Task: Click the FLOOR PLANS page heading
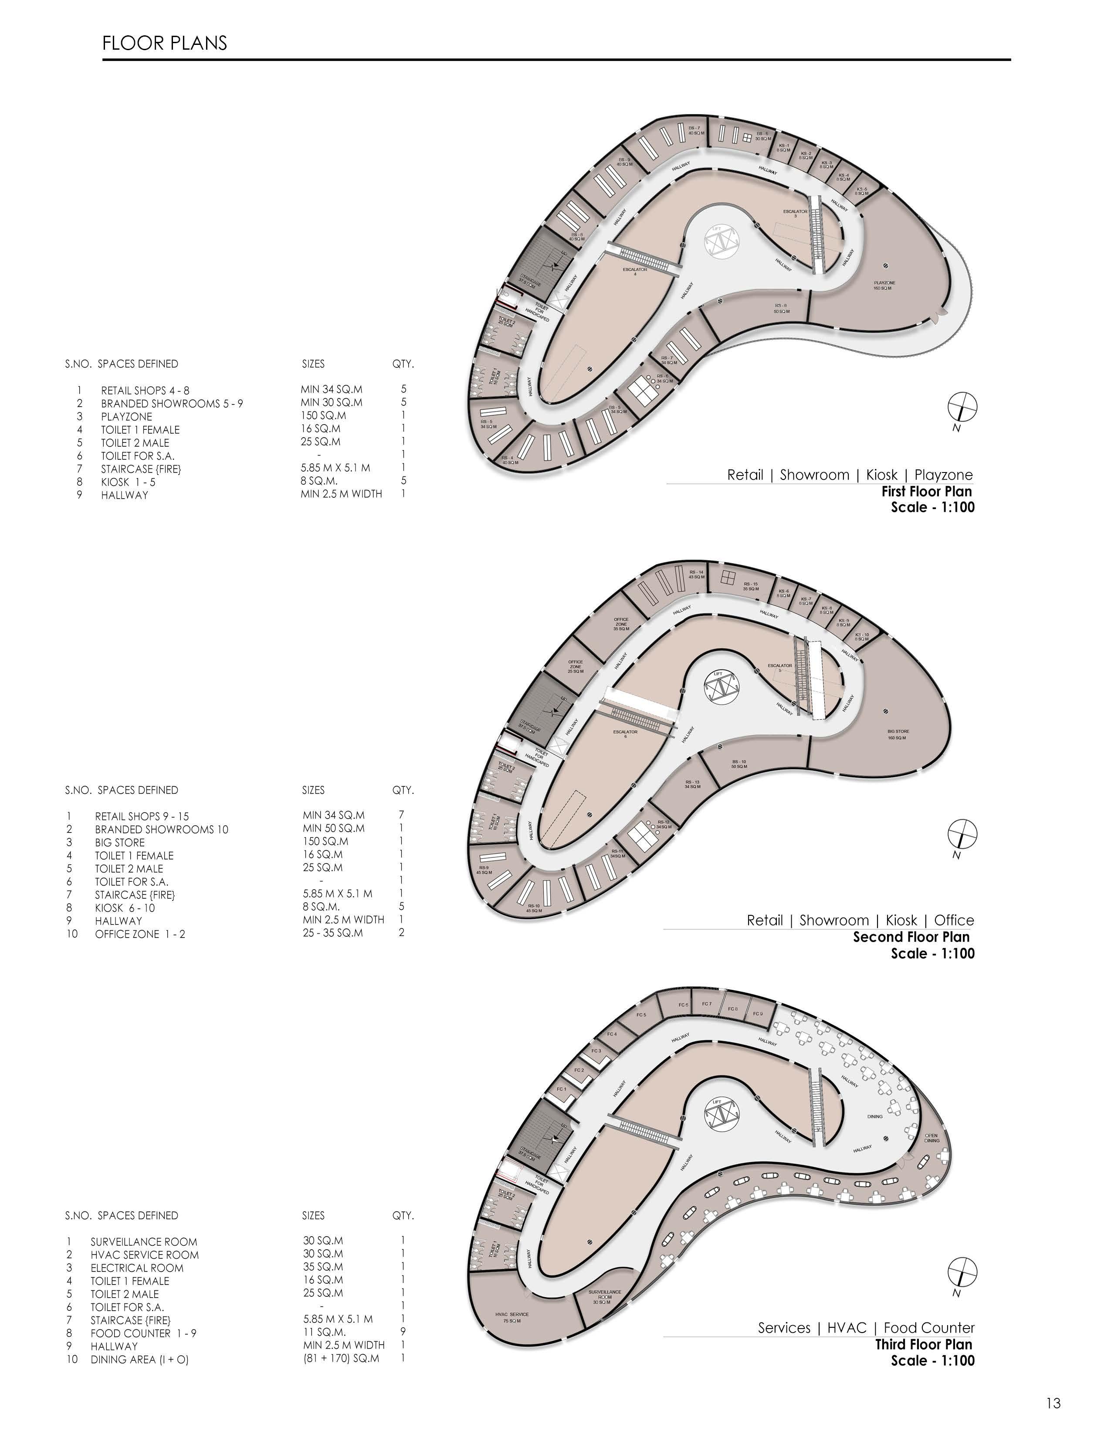165,44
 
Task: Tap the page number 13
1053,1403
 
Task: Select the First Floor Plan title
926,491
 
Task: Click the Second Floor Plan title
911,937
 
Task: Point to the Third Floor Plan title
923,1345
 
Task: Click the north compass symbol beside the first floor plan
962,407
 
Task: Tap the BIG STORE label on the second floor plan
898,734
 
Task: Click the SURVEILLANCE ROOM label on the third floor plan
605,1297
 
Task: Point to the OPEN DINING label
931,1138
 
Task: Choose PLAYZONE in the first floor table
126,417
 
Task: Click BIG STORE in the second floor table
120,843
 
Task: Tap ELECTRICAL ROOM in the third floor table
137,1268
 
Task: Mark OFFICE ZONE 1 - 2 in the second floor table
139,934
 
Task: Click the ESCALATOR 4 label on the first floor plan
634,271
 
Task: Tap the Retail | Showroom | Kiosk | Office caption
860,921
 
